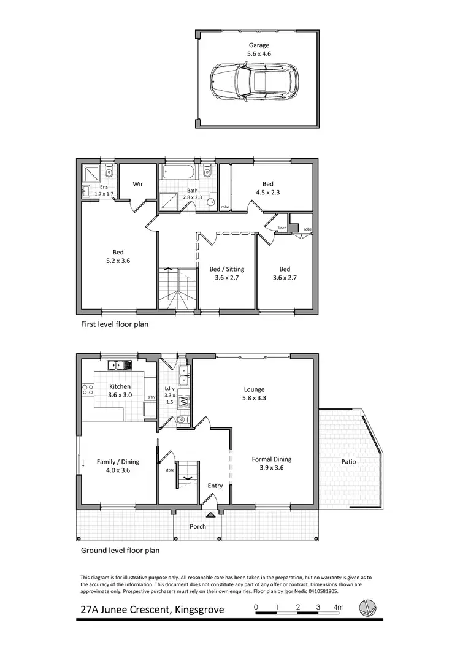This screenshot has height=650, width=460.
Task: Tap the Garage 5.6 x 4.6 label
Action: [259, 49]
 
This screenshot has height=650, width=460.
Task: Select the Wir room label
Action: [138, 183]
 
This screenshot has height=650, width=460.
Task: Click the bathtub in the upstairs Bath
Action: [179, 171]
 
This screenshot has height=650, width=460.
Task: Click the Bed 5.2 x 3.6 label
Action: [117, 256]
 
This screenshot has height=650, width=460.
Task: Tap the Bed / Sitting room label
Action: [226, 273]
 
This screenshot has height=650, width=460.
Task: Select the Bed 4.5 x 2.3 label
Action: [268, 188]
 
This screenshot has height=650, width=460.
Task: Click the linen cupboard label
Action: [282, 227]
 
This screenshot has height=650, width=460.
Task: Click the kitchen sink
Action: [120, 366]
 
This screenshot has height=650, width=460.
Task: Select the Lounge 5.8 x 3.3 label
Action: [254, 393]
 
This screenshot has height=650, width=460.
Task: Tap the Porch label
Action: [197, 526]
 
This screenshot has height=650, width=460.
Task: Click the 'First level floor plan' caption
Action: [115, 324]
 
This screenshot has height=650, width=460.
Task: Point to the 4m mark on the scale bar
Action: [338, 608]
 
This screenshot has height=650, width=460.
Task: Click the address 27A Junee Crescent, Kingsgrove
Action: [151, 610]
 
